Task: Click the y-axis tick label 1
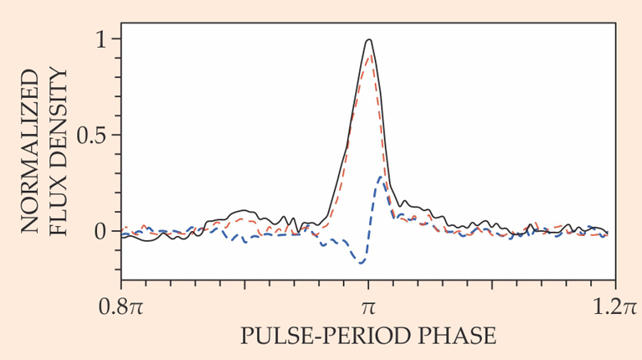pos(102,39)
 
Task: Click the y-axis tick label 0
pos(102,230)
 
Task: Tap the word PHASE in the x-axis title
pos(461,337)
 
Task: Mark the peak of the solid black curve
pos(368,39)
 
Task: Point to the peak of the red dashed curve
pos(369,56)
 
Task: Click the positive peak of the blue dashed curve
pos(382,177)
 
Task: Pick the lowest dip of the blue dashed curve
pos(361,263)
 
